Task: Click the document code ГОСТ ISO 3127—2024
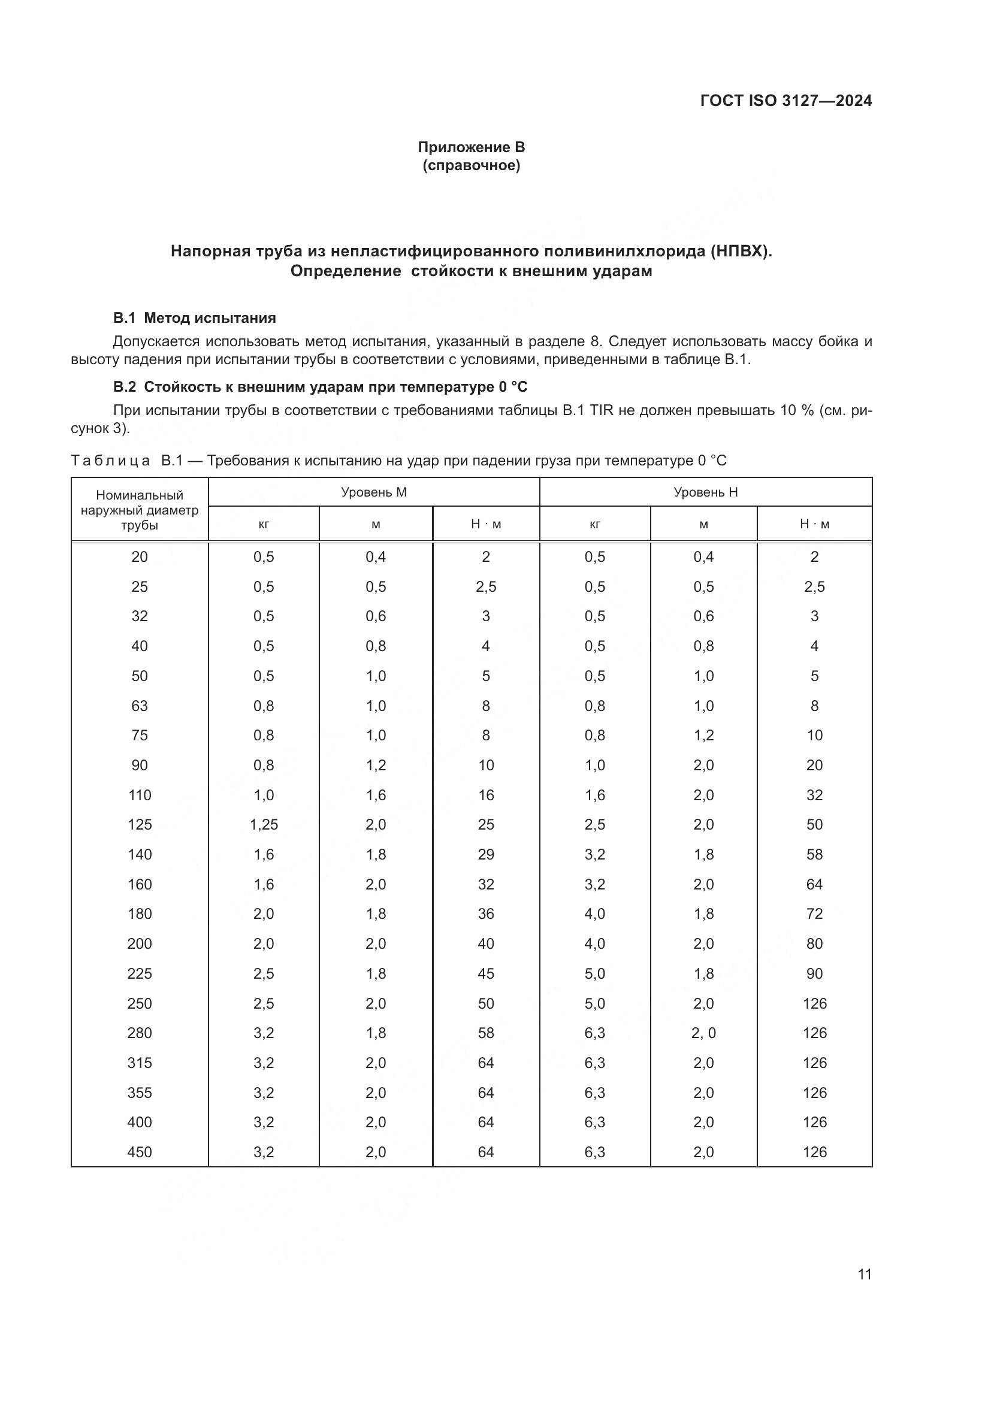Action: (x=786, y=101)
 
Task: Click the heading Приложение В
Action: (x=471, y=147)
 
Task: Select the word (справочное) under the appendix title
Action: (x=471, y=165)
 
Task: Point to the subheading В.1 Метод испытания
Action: (x=194, y=318)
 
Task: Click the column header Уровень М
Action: (x=373, y=492)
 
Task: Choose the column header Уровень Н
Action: (x=705, y=492)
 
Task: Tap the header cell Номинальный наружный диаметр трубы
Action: (x=140, y=510)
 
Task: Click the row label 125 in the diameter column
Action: (x=140, y=824)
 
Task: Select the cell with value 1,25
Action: (x=264, y=824)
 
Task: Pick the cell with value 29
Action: (x=486, y=854)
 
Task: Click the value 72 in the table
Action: (x=814, y=913)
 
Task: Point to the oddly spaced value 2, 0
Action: (x=703, y=1033)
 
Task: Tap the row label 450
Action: (x=140, y=1152)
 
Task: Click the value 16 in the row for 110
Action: (x=486, y=794)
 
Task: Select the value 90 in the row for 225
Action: (x=814, y=973)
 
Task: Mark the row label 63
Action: (x=140, y=706)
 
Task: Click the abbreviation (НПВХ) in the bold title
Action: (x=740, y=252)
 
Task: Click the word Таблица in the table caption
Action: (x=110, y=460)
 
